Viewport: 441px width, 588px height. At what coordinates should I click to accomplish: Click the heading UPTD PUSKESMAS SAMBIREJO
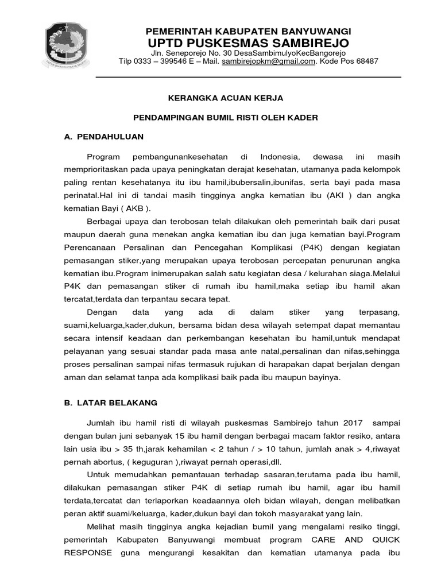coord(248,44)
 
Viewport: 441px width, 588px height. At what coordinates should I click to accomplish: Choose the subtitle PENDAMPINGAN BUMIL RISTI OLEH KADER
coord(225,118)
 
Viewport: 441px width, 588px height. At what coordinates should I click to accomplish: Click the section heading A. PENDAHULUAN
coord(104,137)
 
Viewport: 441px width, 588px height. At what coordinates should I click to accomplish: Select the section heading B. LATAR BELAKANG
coord(110,403)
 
